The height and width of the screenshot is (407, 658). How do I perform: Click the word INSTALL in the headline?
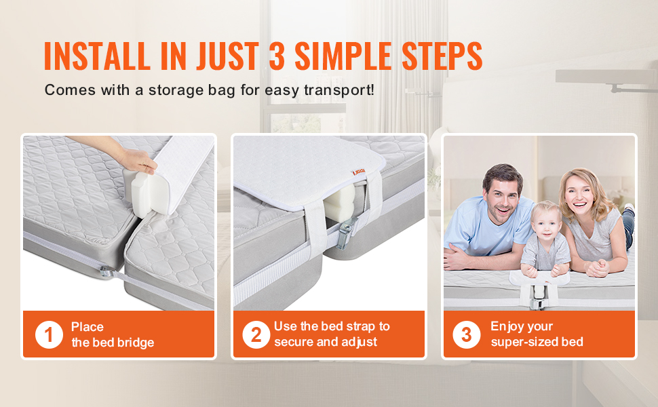[x=97, y=56]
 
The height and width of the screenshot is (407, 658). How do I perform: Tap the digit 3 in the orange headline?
[x=277, y=56]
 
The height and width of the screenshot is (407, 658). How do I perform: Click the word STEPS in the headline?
[x=442, y=56]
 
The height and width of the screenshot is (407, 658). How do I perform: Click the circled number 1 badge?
[x=49, y=334]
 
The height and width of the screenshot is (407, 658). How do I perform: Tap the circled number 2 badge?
[x=256, y=334]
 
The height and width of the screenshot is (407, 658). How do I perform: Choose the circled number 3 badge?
[x=466, y=334]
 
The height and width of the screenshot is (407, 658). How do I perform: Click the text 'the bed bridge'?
[x=113, y=343]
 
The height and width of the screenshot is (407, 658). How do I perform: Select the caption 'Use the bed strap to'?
[x=332, y=326]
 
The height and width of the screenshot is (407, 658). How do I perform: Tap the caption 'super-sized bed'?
[x=537, y=342]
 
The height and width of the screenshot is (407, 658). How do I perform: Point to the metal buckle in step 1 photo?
[x=105, y=272]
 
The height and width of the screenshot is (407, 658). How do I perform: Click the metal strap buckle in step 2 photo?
[x=346, y=235]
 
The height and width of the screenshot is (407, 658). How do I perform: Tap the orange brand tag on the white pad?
[x=358, y=172]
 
